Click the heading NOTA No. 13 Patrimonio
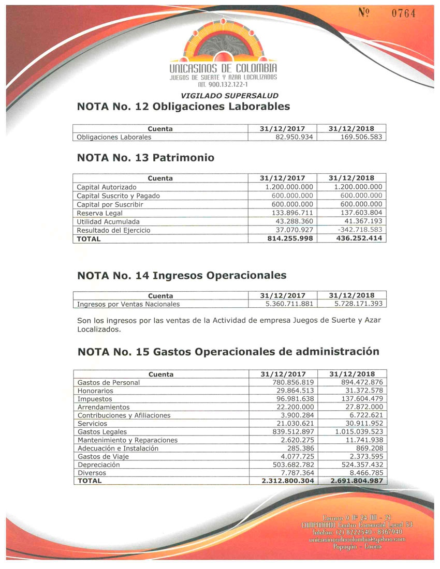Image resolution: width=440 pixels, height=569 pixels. [x=145, y=157]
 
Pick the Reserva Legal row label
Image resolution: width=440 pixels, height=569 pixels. [x=99, y=213]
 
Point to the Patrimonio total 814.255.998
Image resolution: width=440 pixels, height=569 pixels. [x=288, y=238]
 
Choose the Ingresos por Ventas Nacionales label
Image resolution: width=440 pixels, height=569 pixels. [x=128, y=304]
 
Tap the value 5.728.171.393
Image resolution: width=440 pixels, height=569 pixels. [x=358, y=304]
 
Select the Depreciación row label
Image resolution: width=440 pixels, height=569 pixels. [x=98, y=465]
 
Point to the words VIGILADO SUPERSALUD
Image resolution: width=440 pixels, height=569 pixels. [x=229, y=96]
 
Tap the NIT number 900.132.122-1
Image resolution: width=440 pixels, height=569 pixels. [x=224, y=84]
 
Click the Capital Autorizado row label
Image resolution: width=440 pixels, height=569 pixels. [x=107, y=187]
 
